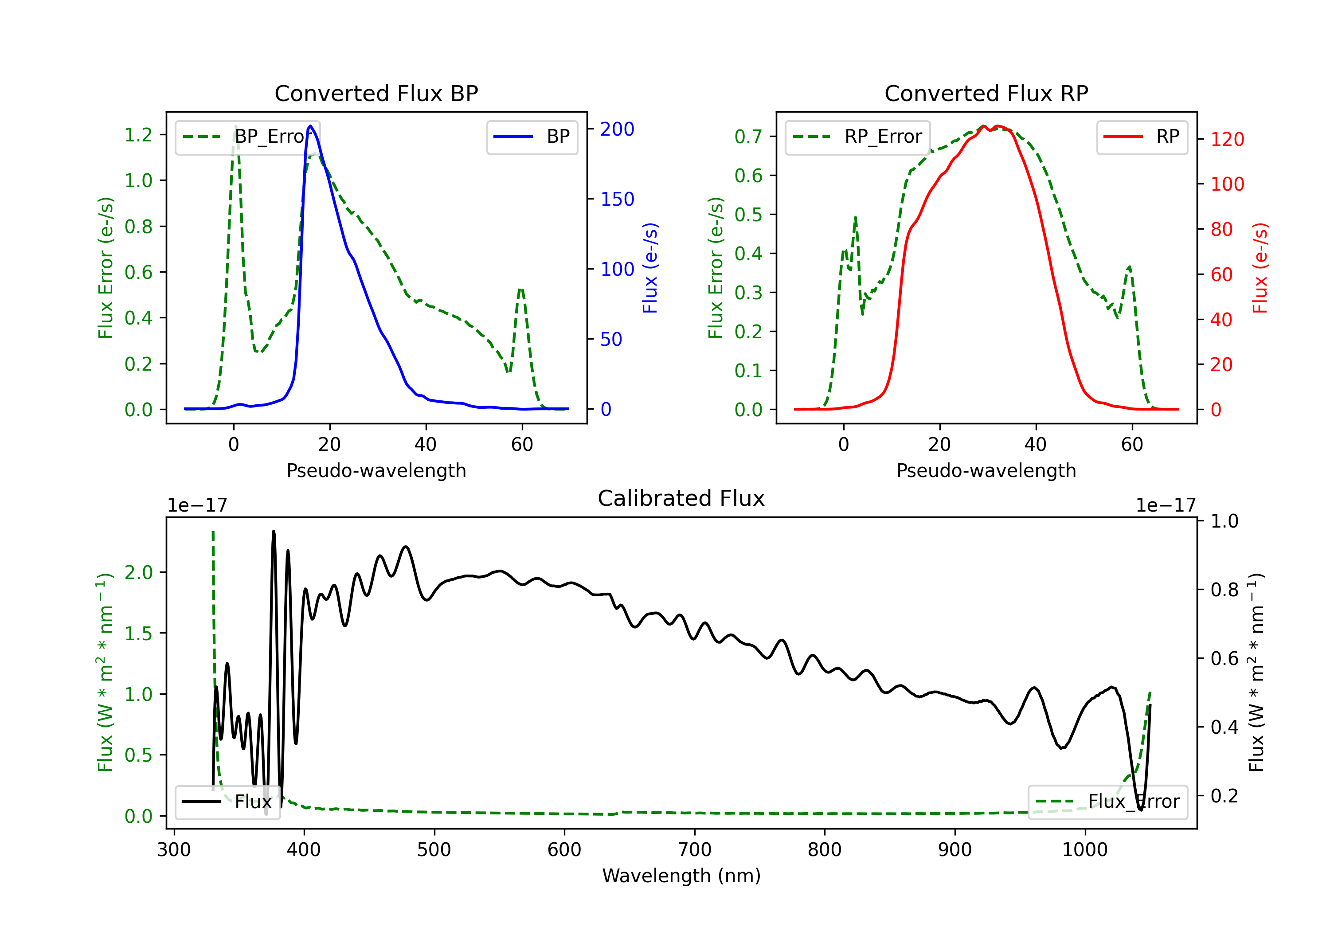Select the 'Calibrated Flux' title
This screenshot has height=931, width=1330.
point(681,498)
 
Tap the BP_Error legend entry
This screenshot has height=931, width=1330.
point(248,137)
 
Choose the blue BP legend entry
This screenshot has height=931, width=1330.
point(532,137)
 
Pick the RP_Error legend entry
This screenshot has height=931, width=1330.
point(857,137)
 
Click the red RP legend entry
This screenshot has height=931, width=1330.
point(1142,137)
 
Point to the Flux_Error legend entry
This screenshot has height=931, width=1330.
point(1107,802)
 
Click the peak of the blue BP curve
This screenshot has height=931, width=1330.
point(310,126)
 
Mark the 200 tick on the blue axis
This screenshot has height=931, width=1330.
point(617,129)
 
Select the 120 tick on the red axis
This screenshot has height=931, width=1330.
point(1227,139)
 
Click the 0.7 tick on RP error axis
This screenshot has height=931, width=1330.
point(748,137)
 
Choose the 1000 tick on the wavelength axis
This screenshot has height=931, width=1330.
point(1085,850)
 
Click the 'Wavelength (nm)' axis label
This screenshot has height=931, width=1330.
point(681,876)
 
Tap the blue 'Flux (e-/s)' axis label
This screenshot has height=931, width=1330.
point(650,268)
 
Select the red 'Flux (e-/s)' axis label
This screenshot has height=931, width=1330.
point(1260,268)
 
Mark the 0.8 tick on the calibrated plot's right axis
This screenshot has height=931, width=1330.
point(1224,590)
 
